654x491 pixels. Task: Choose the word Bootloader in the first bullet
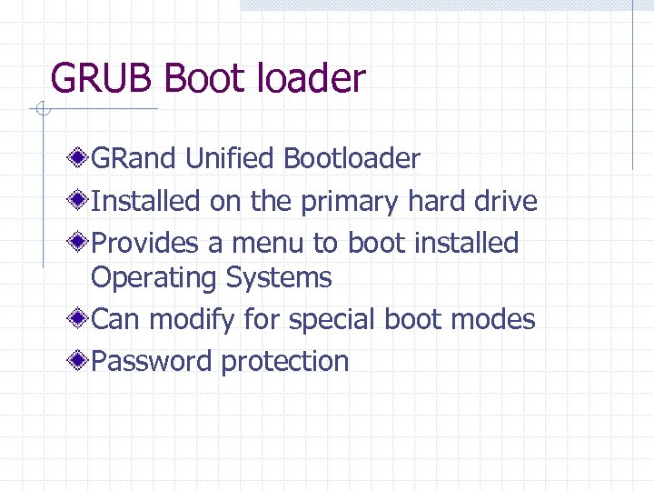(352, 159)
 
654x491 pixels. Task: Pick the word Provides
(138, 244)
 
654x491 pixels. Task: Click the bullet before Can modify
(81, 319)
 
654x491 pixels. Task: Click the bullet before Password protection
(81, 361)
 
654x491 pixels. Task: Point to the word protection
(284, 362)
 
